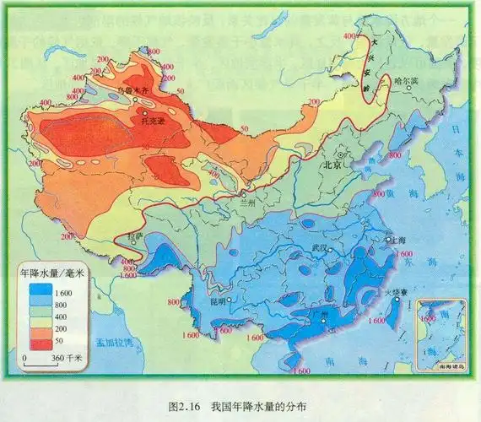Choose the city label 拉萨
(x=136, y=238)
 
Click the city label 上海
(x=402, y=240)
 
